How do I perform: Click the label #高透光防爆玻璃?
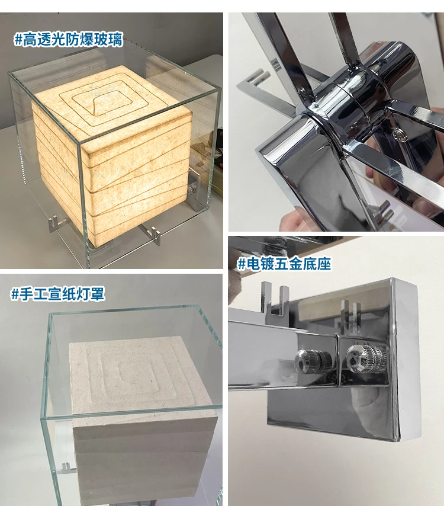click(69, 40)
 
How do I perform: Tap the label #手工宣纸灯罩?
click(58, 293)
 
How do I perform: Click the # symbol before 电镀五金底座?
click(242, 264)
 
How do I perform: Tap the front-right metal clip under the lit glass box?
click(154, 235)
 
